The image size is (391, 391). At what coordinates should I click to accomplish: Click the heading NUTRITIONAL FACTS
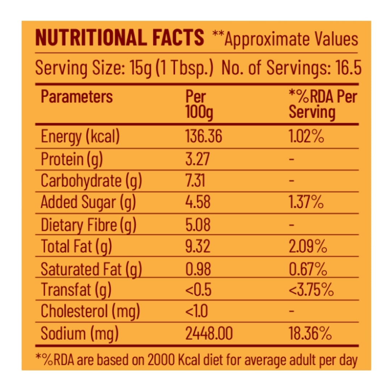coord(119,38)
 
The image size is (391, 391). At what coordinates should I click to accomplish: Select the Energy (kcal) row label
coord(80,137)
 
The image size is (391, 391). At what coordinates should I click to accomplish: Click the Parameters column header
coord(77,97)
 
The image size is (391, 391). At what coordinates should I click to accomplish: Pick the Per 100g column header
coord(199,105)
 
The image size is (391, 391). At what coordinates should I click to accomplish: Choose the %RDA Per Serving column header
coord(323,105)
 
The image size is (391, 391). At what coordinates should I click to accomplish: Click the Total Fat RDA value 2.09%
coord(308,247)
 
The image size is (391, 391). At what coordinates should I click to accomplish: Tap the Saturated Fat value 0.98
coord(198,269)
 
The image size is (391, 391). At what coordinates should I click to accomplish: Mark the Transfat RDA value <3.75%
coord(311,290)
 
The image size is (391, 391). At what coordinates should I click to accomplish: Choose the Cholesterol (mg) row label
coord(90,311)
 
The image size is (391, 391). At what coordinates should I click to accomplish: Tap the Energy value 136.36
coord(203,137)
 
